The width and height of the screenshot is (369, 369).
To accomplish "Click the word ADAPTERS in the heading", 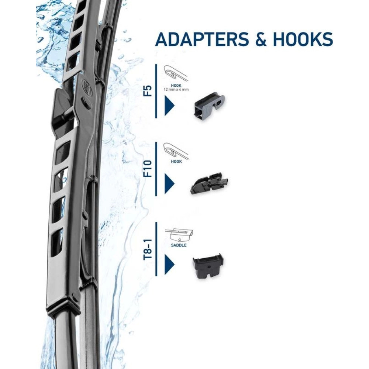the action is [x=202, y=39].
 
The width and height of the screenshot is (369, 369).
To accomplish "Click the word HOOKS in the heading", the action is [x=303, y=39].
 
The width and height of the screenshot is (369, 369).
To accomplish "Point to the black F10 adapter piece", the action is [x=209, y=183].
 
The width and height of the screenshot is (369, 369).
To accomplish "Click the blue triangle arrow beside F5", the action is [x=169, y=106].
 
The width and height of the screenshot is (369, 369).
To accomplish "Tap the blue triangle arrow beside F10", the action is [x=169, y=183].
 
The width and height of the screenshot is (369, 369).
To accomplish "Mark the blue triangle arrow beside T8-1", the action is [x=169, y=264].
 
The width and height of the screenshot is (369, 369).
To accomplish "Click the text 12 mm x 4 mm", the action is [x=176, y=90].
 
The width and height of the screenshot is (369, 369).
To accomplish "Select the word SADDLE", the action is [x=179, y=245].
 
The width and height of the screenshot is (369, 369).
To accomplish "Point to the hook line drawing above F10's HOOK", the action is [x=176, y=151].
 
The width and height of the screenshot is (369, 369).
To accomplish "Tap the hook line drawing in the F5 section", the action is [x=176, y=72].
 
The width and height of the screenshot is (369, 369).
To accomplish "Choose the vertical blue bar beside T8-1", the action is [x=156, y=249].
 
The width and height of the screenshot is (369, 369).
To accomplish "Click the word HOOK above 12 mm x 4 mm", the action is [x=176, y=86].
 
